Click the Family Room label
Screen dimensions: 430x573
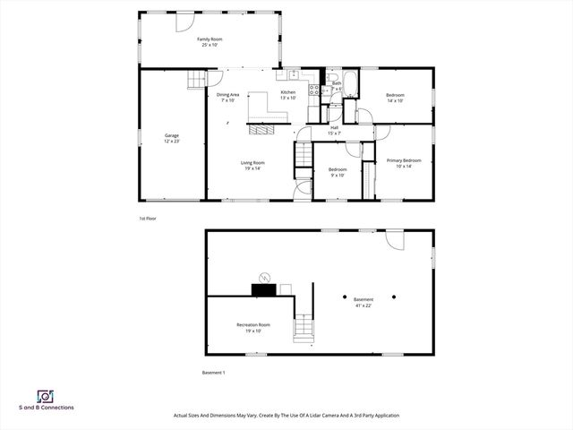click(x=210, y=42)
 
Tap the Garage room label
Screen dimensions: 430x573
click(x=172, y=138)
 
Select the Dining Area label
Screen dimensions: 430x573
click(x=227, y=97)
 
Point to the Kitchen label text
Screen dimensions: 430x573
click(x=288, y=95)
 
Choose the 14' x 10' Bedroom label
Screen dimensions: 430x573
click(x=395, y=98)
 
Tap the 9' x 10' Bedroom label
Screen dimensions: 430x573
click(x=338, y=172)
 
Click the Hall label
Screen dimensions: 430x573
click(x=334, y=130)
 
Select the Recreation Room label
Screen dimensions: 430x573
click(x=252, y=327)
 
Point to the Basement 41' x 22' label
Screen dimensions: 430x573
click(x=363, y=302)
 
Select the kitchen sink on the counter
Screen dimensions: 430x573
click(x=293, y=74)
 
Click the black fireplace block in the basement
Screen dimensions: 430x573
click(x=264, y=289)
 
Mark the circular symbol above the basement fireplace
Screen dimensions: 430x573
click(x=264, y=276)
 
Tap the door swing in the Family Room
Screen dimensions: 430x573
click(x=193, y=82)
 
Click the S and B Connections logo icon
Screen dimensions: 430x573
click(x=44, y=396)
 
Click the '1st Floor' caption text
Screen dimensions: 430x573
click(x=147, y=219)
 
